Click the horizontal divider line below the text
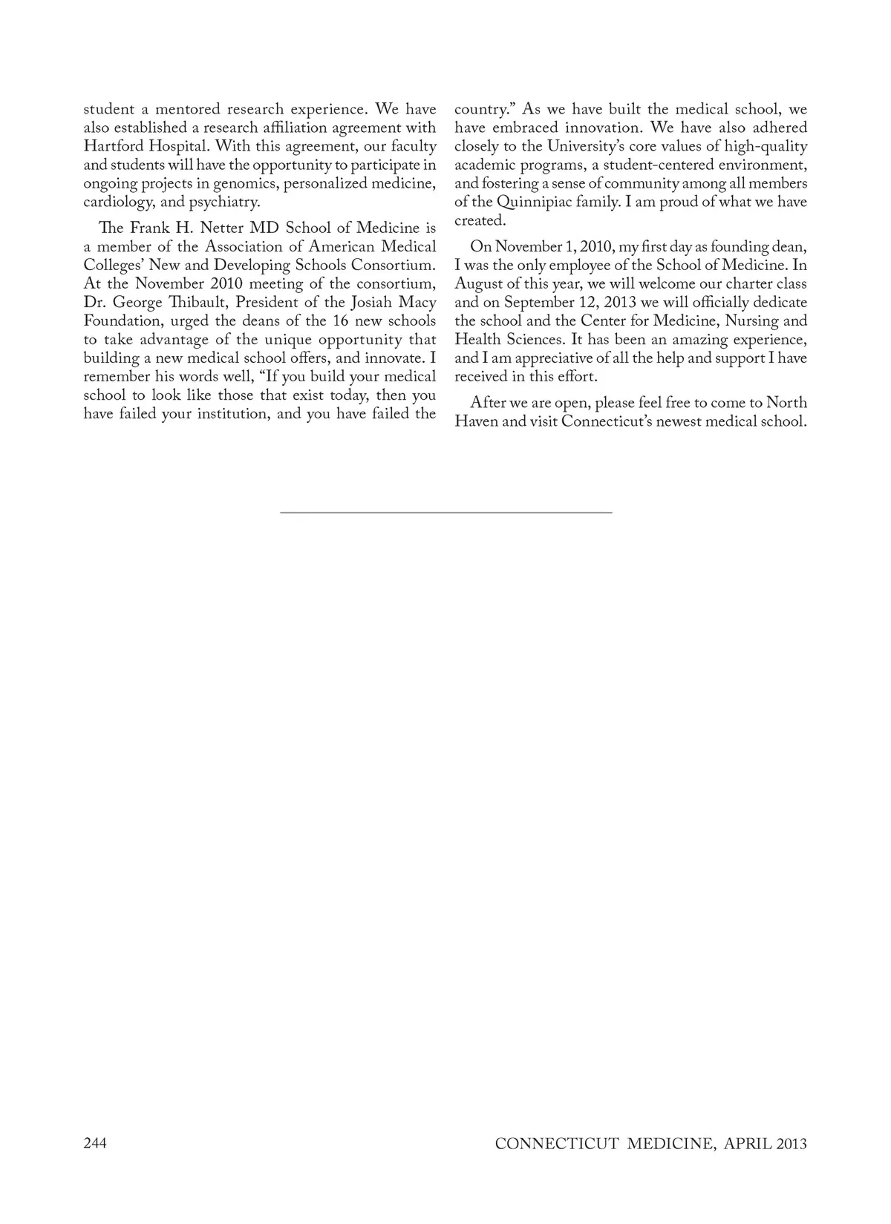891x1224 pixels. click(446, 512)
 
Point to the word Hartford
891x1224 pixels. click(114, 146)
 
